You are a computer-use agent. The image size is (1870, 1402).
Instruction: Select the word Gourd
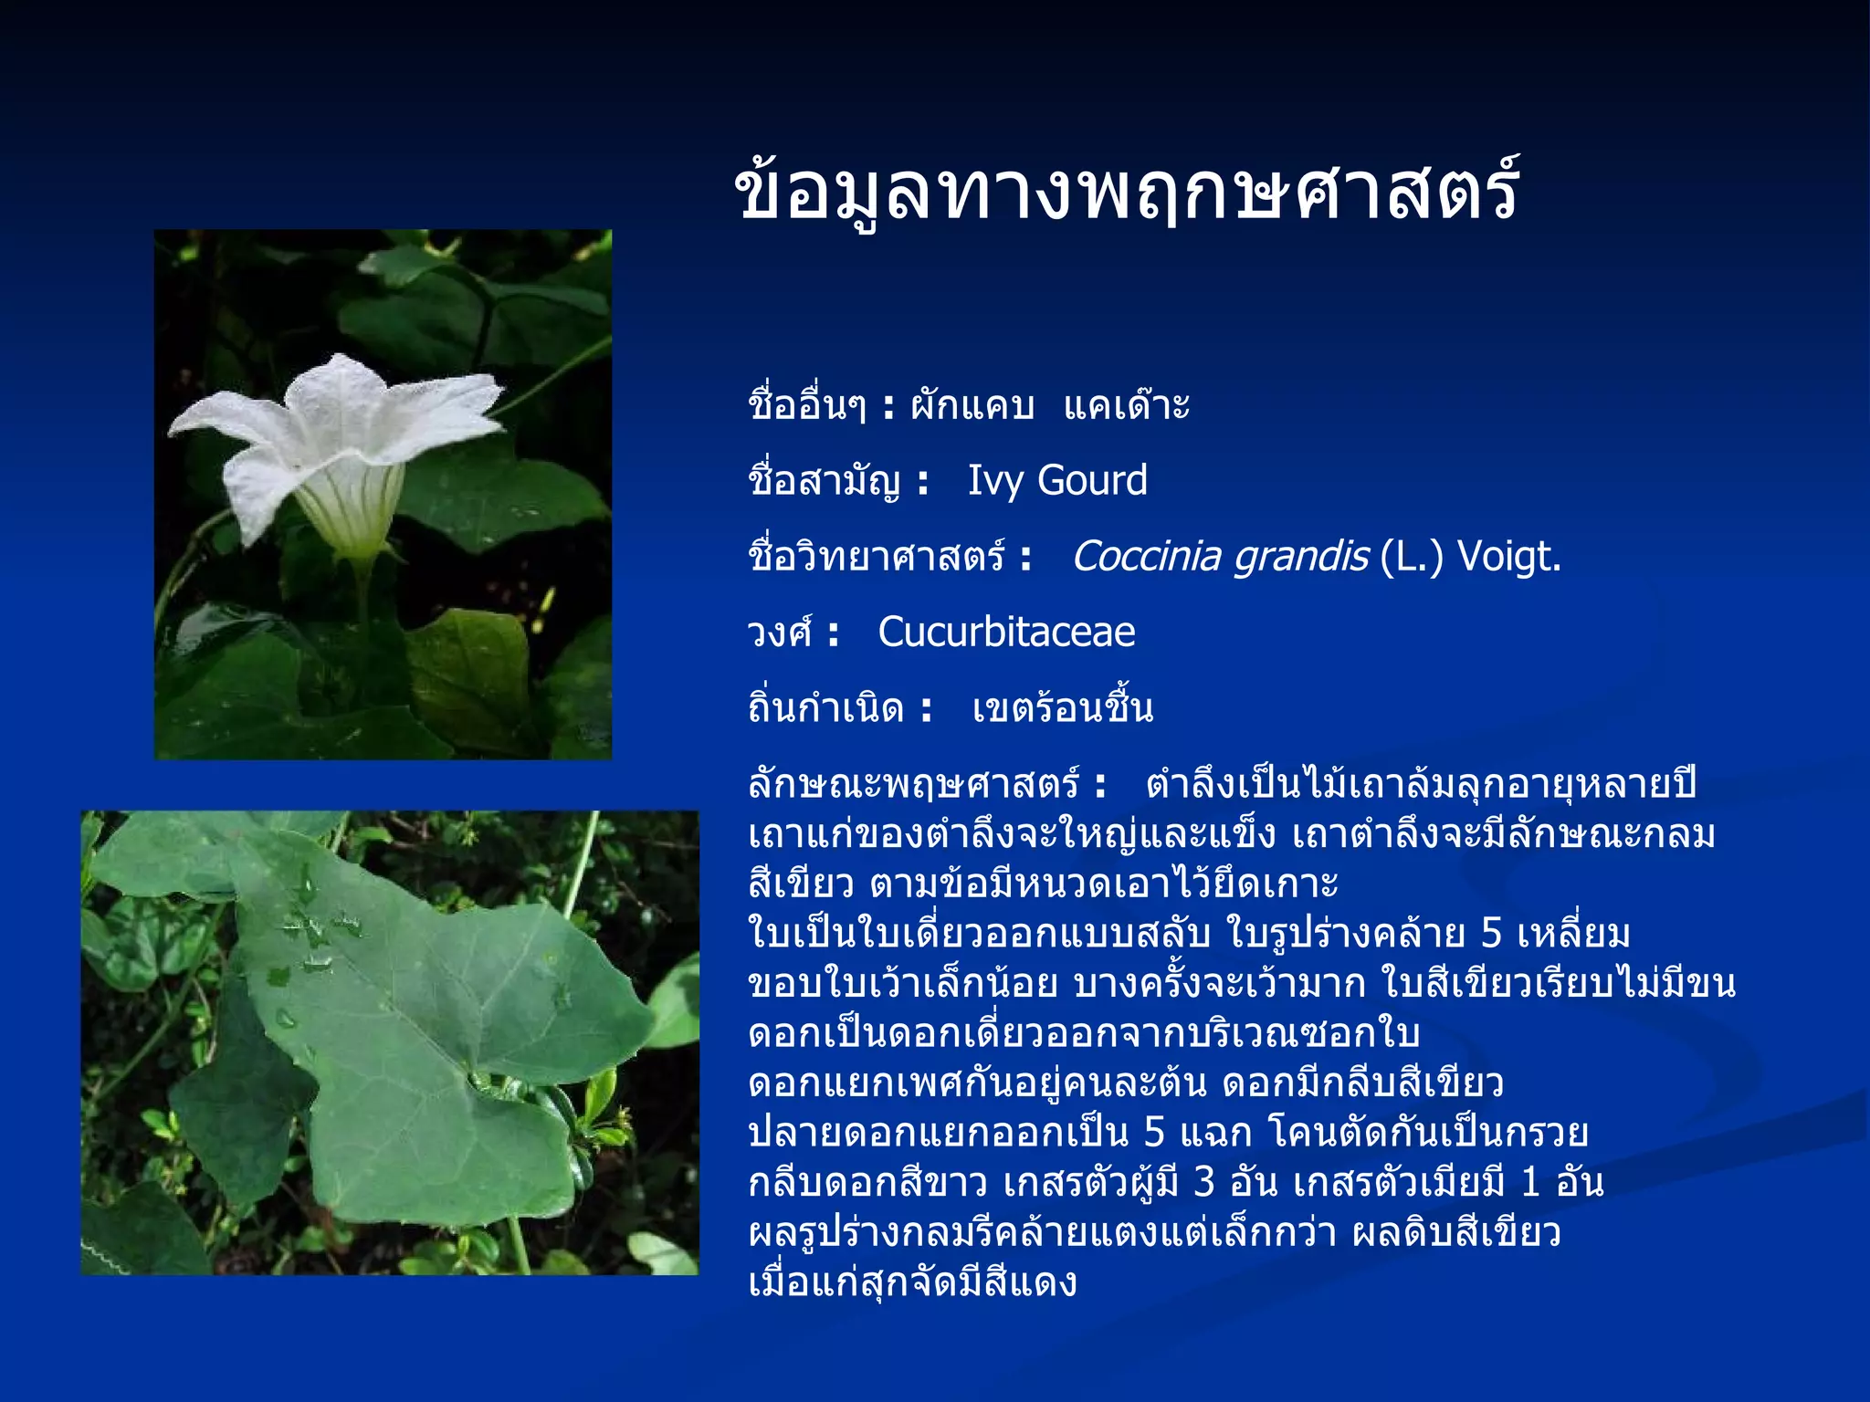1093,481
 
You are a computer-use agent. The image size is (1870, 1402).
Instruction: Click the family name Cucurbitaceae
1006,633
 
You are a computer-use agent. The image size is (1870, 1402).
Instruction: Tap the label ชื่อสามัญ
825,481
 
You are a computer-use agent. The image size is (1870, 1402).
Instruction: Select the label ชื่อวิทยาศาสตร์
877,557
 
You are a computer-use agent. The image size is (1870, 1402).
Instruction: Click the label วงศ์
779,633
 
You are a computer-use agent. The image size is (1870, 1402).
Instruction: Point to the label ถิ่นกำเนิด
826,708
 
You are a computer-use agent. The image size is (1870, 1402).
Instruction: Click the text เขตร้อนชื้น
1063,708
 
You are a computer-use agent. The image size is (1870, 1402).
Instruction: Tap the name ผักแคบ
972,405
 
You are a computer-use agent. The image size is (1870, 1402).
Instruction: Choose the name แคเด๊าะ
1127,405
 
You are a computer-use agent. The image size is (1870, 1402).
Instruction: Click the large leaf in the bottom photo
429,1022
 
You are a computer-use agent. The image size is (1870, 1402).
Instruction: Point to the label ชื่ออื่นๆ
806,405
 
